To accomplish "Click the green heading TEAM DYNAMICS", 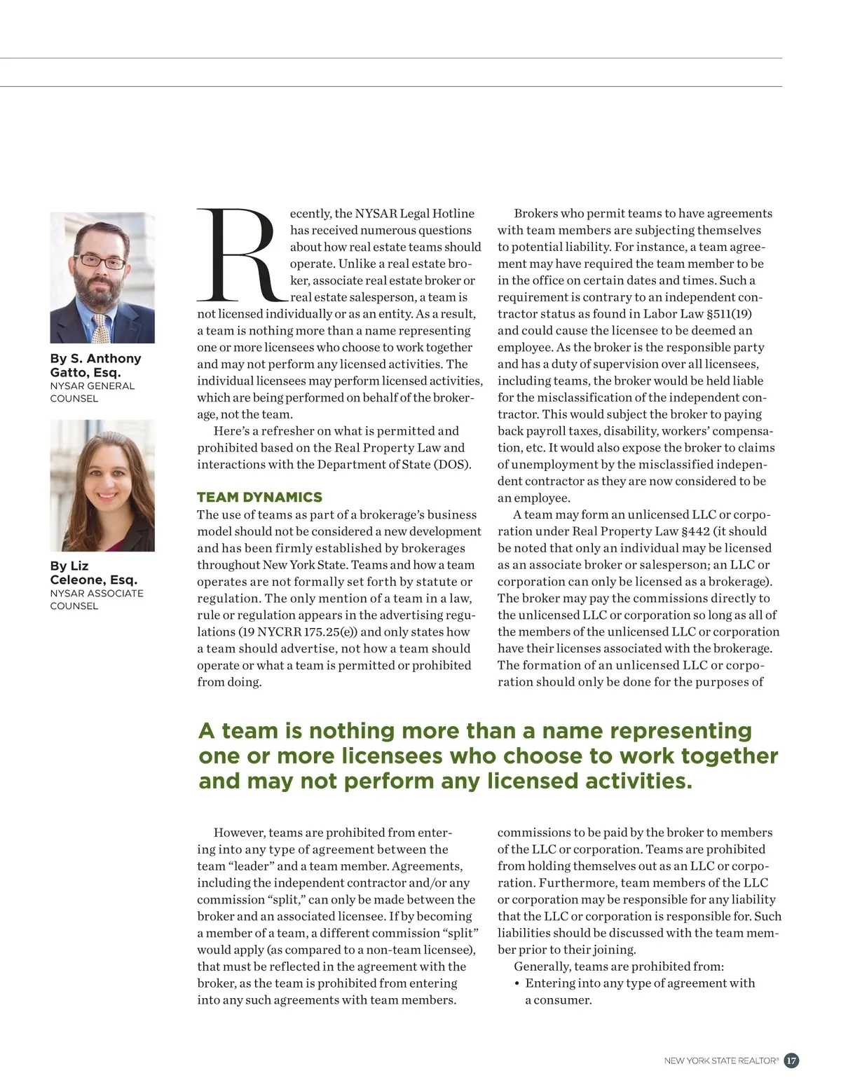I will (x=259, y=497).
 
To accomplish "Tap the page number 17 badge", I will (x=791, y=1060).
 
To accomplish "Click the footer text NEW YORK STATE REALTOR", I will (x=721, y=1061).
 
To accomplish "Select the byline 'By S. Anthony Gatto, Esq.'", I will (x=95, y=365).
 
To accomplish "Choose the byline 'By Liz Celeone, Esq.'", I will (x=93, y=573).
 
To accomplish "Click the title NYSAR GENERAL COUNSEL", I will (x=92, y=392).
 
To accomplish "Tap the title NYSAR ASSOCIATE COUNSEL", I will (x=96, y=599).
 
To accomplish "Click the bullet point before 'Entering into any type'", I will (x=517, y=983).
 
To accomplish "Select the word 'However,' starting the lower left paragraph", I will (x=239, y=833).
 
